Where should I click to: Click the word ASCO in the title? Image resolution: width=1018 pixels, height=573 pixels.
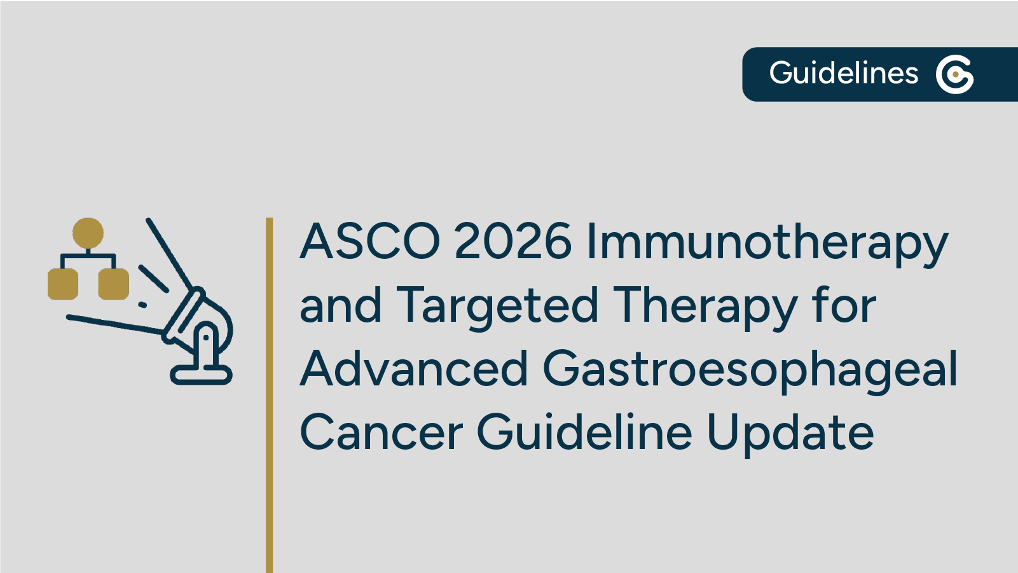[x=370, y=242]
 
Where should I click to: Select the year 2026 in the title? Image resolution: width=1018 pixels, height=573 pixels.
[x=512, y=242]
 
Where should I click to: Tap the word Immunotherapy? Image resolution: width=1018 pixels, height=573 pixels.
[x=767, y=243]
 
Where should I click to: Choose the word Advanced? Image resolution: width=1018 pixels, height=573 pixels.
[x=414, y=369]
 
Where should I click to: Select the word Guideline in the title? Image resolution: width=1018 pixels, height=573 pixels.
[x=584, y=432]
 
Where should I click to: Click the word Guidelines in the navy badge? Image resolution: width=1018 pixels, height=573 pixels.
[x=844, y=74]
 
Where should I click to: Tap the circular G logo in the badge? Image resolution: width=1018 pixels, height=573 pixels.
[x=954, y=74]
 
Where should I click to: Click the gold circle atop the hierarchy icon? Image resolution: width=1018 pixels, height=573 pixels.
[x=88, y=233]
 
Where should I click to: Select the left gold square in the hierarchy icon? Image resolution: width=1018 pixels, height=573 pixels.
[x=63, y=284]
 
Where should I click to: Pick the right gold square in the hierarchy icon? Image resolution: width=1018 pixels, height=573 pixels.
[x=114, y=284]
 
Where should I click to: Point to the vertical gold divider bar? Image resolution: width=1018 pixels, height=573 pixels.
[x=270, y=394]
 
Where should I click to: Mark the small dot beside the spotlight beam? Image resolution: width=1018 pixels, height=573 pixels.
[x=142, y=305]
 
